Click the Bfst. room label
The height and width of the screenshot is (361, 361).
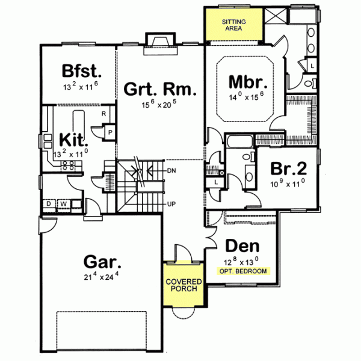pyautogui.click(x=82, y=71)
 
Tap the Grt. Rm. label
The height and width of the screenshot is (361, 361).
pyautogui.click(x=161, y=90)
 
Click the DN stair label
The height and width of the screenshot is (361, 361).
pyautogui.click(x=170, y=170)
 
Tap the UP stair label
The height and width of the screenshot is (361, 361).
pyautogui.click(x=170, y=205)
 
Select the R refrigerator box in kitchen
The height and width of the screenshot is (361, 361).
pyautogui.click(x=103, y=114)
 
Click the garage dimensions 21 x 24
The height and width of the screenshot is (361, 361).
pyautogui.click(x=102, y=278)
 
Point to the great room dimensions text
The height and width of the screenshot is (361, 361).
pyautogui.click(x=161, y=103)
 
